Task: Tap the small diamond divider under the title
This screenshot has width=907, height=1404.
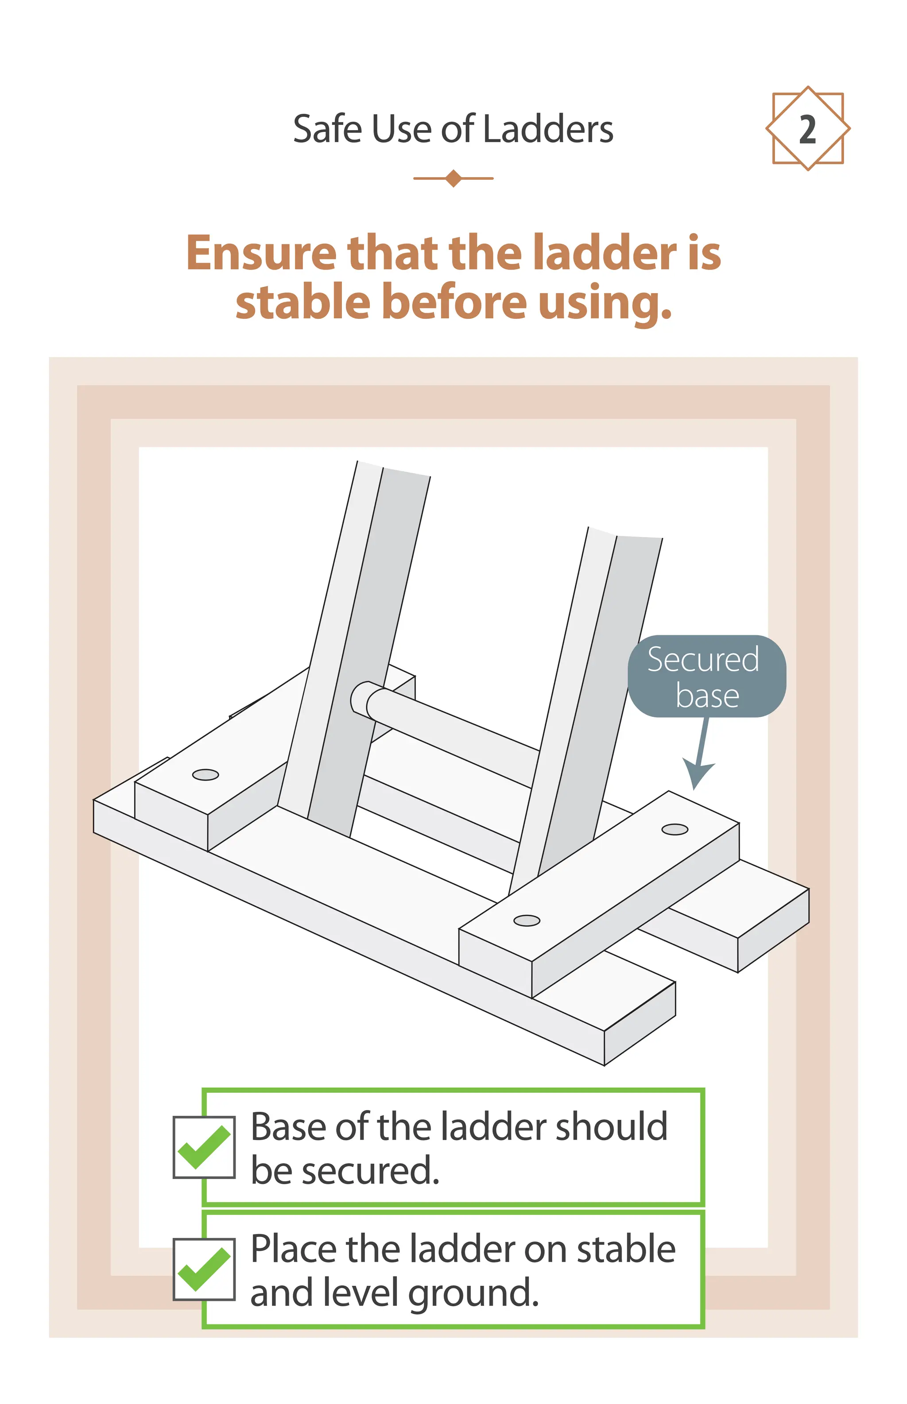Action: [453, 178]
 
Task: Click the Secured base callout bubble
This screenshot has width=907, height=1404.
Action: [706, 676]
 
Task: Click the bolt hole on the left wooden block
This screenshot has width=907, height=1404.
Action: [205, 774]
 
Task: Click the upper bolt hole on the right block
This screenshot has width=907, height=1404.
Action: [674, 829]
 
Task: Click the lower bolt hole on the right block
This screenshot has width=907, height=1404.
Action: [527, 920]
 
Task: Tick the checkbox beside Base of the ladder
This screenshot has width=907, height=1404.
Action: [204, 1147]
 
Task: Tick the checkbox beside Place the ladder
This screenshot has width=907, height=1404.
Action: [204, 1269]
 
